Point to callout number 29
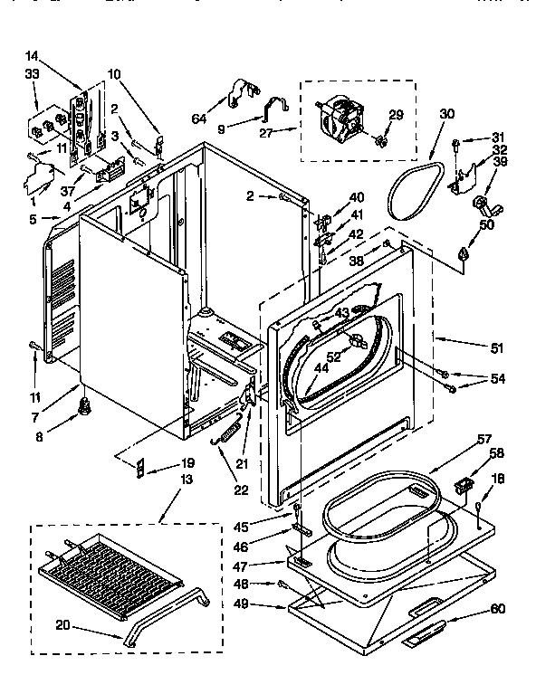396,114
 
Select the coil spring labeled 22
230,428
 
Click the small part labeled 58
464,486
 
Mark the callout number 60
495,610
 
